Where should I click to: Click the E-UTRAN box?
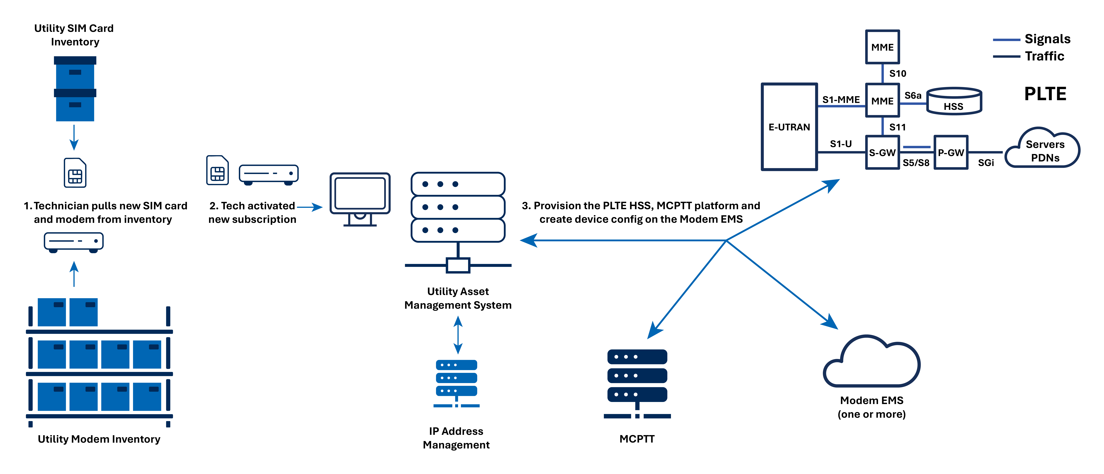point(789,127)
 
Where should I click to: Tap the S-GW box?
point(882,153)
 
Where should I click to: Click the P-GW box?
point(951,153)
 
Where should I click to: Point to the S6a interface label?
point(913,96)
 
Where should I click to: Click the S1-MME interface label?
point(841,99)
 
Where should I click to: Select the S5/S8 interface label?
point(916,163)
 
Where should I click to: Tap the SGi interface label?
point(986,163)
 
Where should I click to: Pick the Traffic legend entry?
point(1029,56)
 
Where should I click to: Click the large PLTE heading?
point(1045,94)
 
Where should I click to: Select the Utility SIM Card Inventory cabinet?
point(75,89)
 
